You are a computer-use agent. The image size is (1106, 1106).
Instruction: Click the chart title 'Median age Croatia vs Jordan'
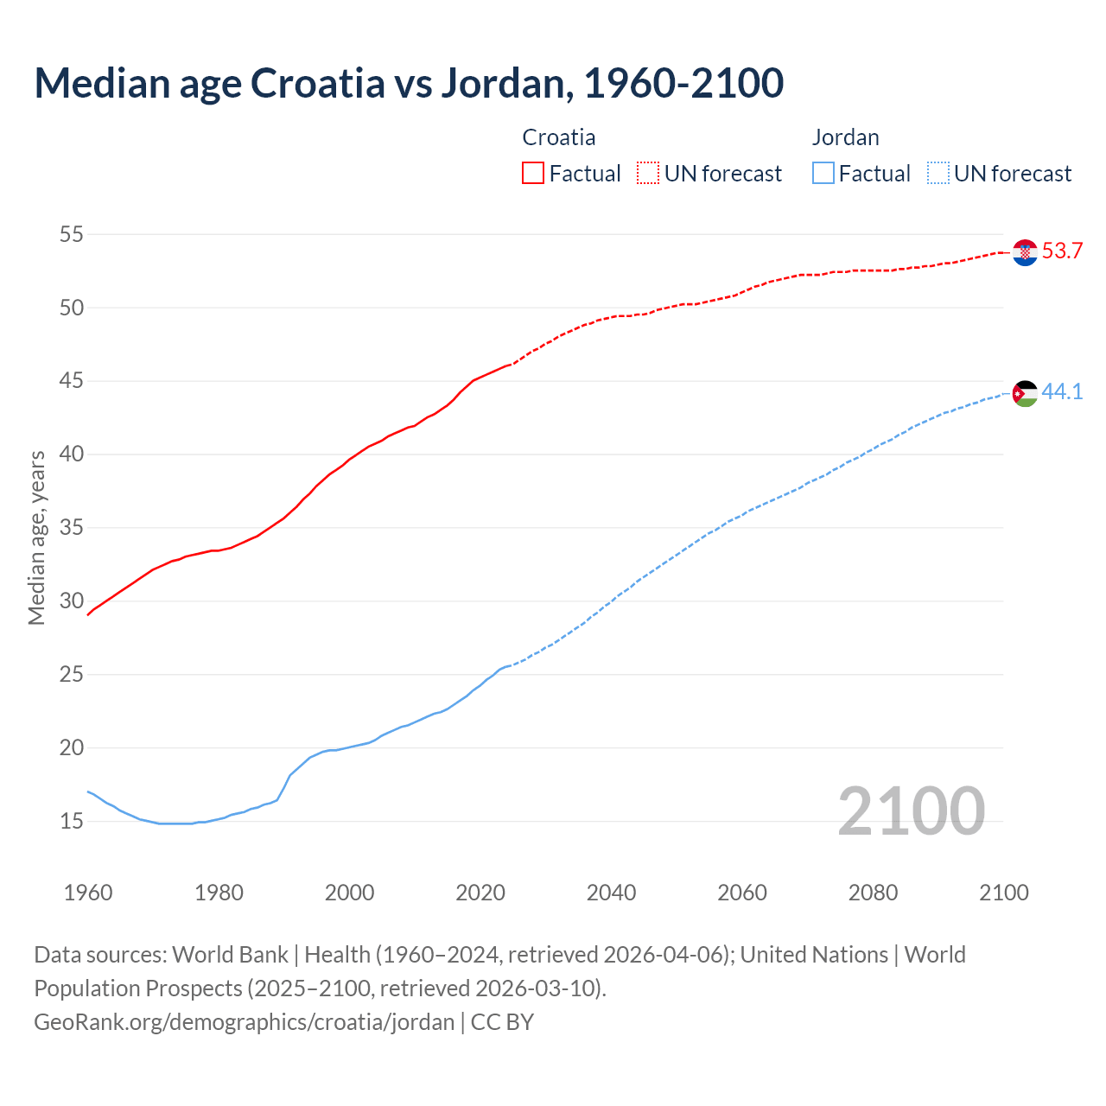409,83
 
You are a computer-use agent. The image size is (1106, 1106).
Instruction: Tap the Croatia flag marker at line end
1025,252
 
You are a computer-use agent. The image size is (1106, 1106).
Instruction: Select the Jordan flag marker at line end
1025,393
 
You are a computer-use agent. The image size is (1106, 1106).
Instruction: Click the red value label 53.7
1062,251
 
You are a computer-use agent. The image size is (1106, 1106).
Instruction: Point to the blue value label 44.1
1062,392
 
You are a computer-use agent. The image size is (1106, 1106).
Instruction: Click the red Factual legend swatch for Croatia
533,174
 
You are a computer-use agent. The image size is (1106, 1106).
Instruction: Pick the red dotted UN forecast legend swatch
648,174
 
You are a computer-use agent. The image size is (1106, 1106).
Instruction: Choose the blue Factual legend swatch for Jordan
823,174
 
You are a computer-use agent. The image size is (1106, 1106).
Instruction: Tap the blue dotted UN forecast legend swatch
938,174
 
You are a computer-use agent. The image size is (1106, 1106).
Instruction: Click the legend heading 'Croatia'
559,137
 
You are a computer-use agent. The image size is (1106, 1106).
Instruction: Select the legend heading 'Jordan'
845,137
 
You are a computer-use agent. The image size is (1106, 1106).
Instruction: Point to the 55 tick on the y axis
72,234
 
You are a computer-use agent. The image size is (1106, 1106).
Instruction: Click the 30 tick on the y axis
72,601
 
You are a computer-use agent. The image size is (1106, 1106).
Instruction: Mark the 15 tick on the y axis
72,821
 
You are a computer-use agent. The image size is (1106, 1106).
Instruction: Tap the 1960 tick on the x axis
88,893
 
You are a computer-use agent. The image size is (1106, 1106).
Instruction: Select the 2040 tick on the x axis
611,893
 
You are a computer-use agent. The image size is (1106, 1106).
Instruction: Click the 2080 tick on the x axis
873,893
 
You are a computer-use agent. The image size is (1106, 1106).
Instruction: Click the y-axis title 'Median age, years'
36,537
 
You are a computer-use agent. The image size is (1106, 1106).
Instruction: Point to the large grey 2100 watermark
911,811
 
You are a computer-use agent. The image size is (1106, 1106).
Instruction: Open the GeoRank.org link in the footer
244,1022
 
